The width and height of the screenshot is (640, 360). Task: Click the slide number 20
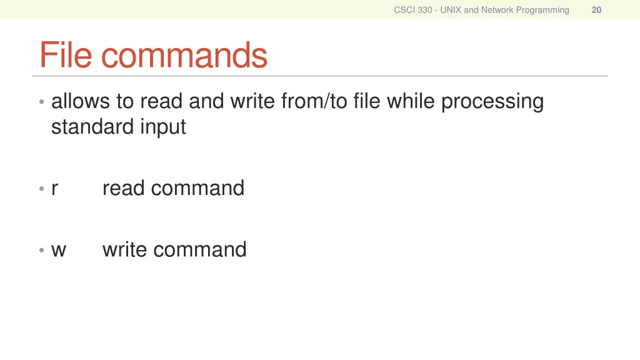596,10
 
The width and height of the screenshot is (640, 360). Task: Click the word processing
492,101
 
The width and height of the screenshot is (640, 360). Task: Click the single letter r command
55,189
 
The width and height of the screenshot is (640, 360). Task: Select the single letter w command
59,250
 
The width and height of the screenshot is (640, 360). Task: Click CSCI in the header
404,10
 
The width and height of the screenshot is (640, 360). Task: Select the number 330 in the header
425,10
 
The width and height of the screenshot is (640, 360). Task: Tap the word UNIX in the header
451,10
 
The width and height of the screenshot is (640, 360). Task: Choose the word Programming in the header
542,10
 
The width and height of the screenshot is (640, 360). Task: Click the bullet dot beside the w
41,251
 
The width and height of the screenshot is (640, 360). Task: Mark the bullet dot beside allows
41,102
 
